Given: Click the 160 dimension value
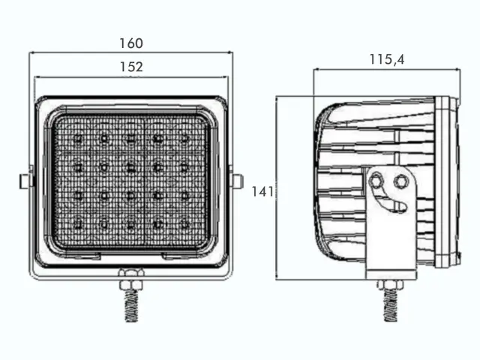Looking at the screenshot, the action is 131,43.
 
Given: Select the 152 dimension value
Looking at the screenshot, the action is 131,67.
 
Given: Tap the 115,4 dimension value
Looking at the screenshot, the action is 387,59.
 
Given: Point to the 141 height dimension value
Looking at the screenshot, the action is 262,192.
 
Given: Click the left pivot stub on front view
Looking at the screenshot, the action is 25,181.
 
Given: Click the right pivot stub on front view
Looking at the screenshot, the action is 237,181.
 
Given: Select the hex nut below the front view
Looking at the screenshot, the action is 131,279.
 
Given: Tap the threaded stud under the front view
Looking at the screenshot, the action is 132,306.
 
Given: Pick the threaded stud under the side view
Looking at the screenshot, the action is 390,305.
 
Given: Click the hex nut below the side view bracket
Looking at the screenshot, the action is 390,285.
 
